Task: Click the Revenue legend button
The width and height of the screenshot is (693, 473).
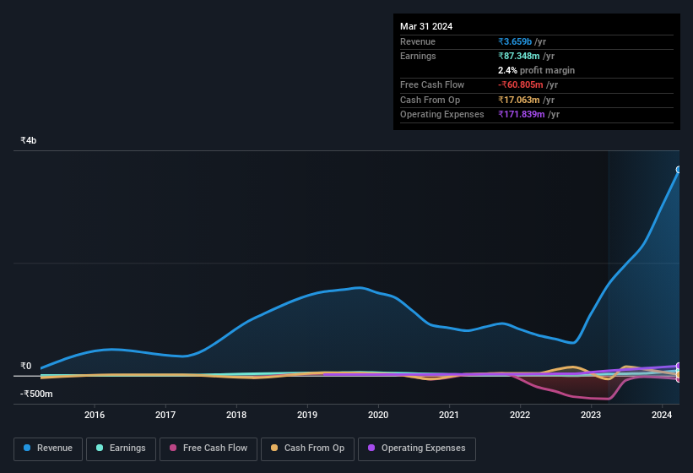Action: click(x=48, y=449)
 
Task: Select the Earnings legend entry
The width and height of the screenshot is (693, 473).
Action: click(x=121, y=449)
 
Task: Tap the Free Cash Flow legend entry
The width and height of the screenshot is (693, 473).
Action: click(x=208, y=449)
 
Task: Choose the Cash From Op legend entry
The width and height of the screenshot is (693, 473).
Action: click(x=307, y=449)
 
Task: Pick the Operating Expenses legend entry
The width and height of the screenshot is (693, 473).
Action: click(x=416, y=449)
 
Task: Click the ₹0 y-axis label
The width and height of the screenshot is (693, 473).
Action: click(x=25, y=367)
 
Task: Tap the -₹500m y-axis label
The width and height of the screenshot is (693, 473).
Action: click(x=35, y=394)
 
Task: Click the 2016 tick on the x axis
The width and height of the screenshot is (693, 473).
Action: click(x=95, y=415)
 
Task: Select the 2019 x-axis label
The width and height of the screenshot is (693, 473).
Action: click(x=307, y=415)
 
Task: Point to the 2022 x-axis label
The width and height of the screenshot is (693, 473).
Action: click(x=520, y=415)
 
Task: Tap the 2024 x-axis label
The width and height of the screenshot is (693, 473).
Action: click(x=662, y=415)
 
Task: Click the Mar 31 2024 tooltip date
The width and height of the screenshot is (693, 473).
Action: click(x=426, y=26)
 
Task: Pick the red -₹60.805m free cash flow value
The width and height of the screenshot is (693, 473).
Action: click(x=521, y=84)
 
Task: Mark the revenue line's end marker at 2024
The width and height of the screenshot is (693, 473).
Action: click(x=679, y=170)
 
